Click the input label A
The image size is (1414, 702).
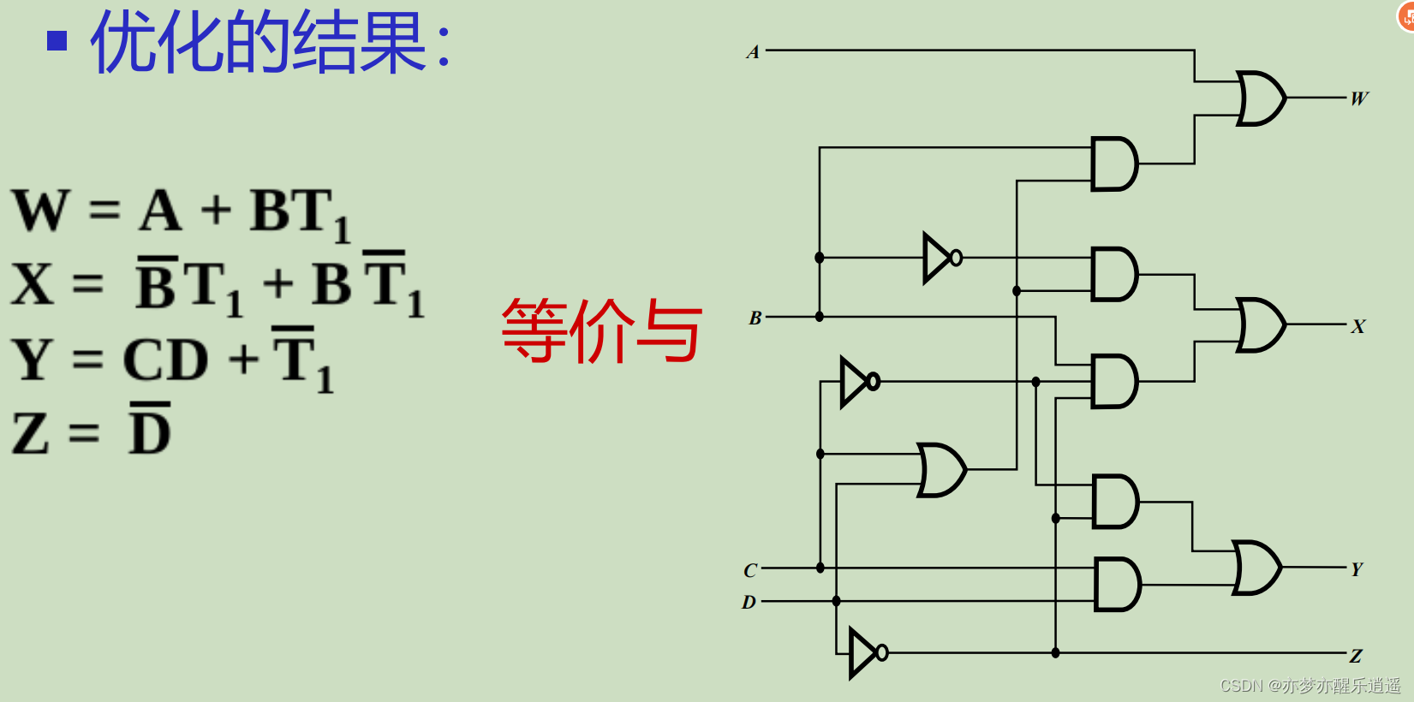(753, 52)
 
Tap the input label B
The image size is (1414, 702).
(755, 318)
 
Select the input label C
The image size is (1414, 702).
(750, 570)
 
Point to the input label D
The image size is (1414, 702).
(749, 603)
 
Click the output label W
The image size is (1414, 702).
(1359, 98)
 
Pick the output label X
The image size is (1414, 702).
(1358, 326)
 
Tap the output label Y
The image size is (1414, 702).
(1357, 569)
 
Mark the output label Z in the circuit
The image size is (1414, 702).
(1356, 657)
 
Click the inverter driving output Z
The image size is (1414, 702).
(865, 653)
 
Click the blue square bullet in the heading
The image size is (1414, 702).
(57, 40)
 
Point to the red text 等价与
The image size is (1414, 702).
(601, 330)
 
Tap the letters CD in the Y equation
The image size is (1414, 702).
(165, 360)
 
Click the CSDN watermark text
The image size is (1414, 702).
(1310, 686)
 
